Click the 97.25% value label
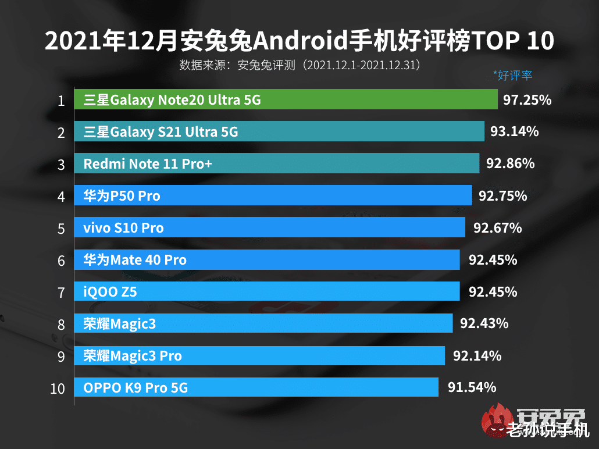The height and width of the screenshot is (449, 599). click(x=527, y=100)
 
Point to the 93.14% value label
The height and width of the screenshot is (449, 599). click(x=514, y=132)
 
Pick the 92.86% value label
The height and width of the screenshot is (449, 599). click(x=510, y=164)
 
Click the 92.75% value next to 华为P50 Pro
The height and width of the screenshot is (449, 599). click(x=502, y=196)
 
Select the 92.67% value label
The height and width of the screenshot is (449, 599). click(x=497, y=228)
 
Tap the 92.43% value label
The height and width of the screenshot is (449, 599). click(x=484, y=323)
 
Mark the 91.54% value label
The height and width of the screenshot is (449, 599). click(x=472, y=387)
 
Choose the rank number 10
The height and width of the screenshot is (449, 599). click(x=58, y=388)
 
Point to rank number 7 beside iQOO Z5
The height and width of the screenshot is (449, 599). click(x=61, y=293)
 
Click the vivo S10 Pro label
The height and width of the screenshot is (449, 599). click(x=123, y=228)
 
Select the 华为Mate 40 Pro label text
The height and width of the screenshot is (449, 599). click(x=135, y=260)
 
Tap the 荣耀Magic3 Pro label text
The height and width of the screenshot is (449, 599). click(x=133, y=355)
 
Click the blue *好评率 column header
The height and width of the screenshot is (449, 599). click(x=512, y=75)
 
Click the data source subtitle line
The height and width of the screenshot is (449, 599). click(x=299, y=65)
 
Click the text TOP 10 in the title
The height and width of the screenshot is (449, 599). click(x=512, y=42)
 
